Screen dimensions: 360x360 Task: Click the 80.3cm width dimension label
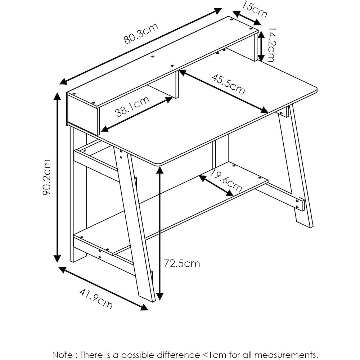(141, 35)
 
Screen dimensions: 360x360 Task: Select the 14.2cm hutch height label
(272, 45)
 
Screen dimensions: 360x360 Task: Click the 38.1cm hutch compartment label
(132, 107)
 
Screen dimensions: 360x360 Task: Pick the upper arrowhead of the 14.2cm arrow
(261, 34)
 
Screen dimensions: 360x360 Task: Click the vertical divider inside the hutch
(176, 85)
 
